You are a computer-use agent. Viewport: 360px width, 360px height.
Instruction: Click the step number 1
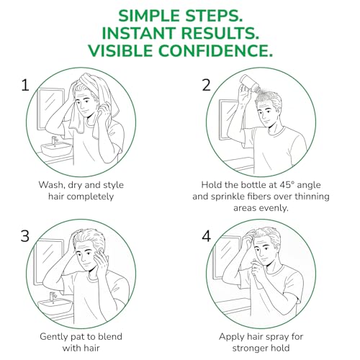(25, 86)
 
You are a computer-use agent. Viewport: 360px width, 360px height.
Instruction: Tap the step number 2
(206, 86)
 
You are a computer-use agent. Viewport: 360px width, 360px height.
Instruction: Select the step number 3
(25, 236)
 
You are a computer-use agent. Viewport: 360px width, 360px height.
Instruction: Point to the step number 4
(206, 236)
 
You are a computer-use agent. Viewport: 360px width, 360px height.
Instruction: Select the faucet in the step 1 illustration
(55, 142)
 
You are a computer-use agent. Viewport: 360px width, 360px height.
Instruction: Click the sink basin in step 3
(55, 305)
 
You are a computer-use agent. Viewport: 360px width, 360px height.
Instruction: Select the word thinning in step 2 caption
(312, 197)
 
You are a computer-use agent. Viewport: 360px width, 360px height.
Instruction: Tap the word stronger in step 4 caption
(250, 348)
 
